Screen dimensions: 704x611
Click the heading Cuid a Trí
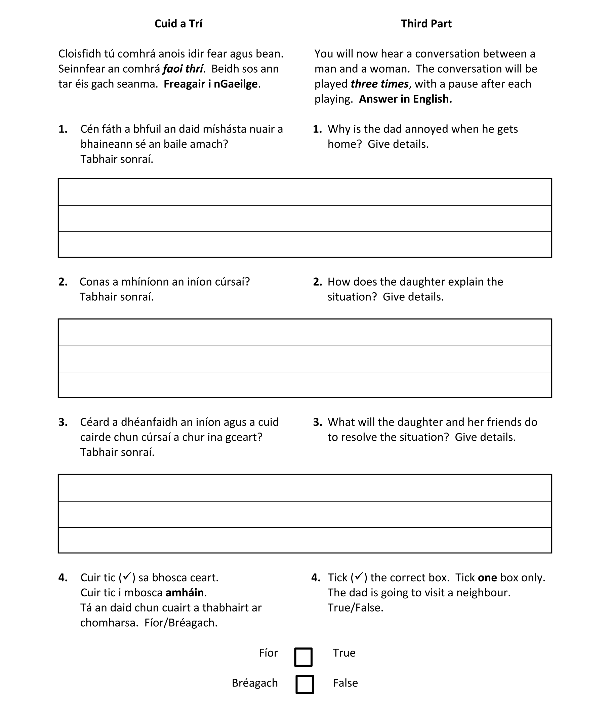click(178, 24)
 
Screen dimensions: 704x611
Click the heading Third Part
click(426, 24)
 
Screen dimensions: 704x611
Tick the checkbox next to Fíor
click(303, 657)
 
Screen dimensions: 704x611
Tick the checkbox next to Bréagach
click(304, 684)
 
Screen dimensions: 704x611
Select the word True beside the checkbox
click(344, 653)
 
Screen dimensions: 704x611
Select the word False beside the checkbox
click(345, 683)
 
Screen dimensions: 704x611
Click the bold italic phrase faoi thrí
click(183, 69)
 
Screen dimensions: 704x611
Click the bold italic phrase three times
click(379, 84)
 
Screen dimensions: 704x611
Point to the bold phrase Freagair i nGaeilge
click(211, 84)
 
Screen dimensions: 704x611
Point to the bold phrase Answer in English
click(405, 99)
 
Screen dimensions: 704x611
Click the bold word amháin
click(185, 592)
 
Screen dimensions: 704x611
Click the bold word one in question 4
click(487, 578)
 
